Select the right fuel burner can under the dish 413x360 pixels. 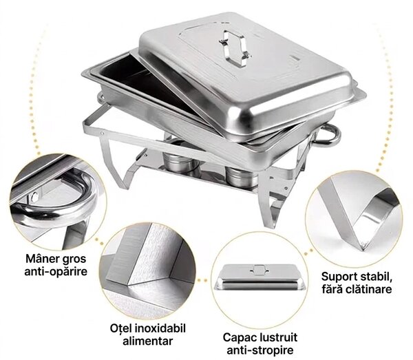(x=242, y=176)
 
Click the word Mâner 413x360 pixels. (x=43, y=259)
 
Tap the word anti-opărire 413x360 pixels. (x=56, y=271)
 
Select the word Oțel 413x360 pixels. (x=121, y=328)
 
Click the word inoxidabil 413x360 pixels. (x=160, y=328)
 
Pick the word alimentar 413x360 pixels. (x=148, y=341)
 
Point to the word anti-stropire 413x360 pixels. (x=260, y=350)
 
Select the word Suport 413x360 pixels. (x=339, y=277)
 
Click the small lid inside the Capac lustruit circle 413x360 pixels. (x=260, y=277)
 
